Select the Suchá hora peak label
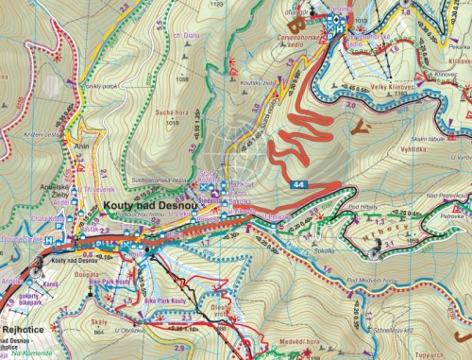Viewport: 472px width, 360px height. point(168,111)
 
